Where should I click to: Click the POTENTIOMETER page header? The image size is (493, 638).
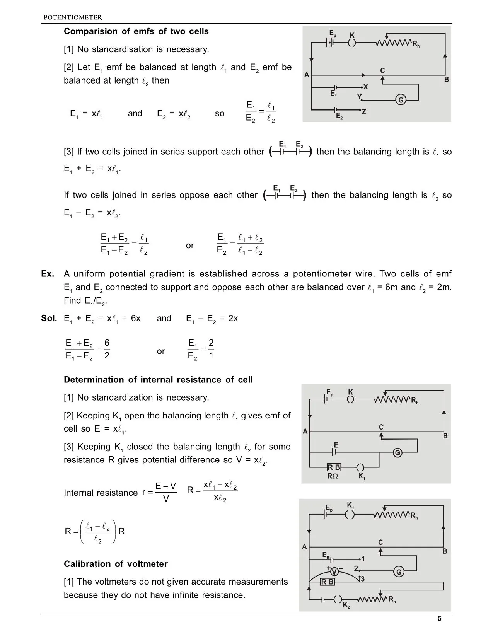73,17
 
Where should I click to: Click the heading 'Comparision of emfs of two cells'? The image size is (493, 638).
136,31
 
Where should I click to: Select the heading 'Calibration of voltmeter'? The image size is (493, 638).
116,564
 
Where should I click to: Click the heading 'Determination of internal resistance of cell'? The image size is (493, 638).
158,380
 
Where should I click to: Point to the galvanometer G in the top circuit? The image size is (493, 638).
401,100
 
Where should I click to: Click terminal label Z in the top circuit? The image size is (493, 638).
363,112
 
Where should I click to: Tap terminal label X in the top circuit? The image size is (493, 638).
365,87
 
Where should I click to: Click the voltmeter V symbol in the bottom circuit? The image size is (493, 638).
334,572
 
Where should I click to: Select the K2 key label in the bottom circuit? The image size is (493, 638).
346,606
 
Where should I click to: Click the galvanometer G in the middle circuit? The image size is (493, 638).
397,453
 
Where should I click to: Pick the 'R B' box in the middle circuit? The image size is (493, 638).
334,467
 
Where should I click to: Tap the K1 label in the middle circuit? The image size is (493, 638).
362,476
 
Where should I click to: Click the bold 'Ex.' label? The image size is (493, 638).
48,274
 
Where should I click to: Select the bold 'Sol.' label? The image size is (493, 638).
49,319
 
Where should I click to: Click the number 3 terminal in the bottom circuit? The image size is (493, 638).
362,579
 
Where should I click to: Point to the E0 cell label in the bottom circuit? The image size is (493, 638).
326,555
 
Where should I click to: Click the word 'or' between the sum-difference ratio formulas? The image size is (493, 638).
190,246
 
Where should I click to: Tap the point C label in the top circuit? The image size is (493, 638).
382,71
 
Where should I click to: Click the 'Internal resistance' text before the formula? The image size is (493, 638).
101,493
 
